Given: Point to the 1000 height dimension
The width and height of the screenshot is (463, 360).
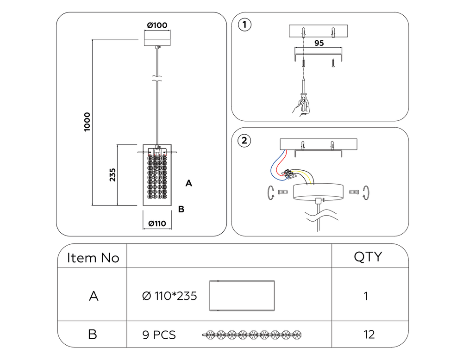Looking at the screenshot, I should (88, 122).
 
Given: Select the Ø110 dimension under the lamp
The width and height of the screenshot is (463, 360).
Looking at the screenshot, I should (157, 223).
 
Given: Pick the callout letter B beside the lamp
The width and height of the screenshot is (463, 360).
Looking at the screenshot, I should (181, 209).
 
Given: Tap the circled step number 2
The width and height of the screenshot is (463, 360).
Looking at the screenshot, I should (244, 140).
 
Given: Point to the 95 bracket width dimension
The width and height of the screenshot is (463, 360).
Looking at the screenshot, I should (319, 43).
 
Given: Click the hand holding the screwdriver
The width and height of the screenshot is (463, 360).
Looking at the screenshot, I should (301, 106).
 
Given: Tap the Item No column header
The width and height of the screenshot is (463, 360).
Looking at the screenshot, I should (93, 258).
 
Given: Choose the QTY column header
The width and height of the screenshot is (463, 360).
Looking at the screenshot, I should (368, 257).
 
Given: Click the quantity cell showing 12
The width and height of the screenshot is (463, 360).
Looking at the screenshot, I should (369, 334).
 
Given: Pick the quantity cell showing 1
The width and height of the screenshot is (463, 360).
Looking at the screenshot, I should (366, 296).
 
